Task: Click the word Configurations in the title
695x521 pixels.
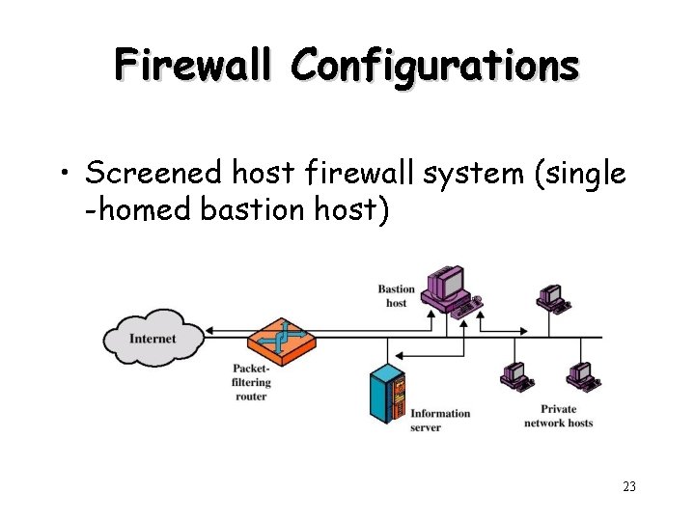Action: click(435, 65)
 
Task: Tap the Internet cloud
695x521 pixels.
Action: click(153, 338)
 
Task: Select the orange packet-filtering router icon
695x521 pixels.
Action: click(282, 340)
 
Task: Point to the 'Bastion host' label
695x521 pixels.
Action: click(396, 296)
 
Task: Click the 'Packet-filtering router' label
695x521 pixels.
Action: click(251, 382)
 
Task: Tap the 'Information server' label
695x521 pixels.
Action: click(440, 420)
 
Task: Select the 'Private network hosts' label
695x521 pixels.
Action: click(558, 416)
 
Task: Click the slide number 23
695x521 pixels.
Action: click(628, 487)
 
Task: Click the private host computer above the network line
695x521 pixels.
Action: click(552, 297)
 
